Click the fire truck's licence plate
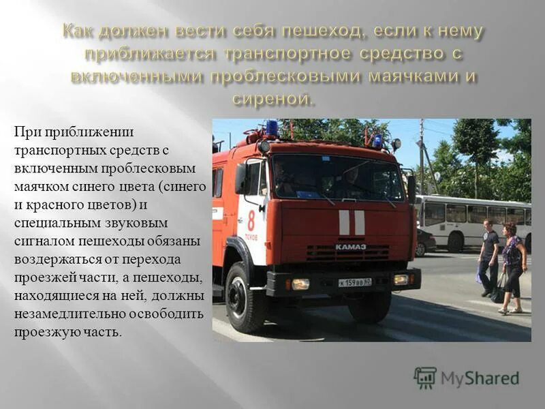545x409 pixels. click(x=354, y=282)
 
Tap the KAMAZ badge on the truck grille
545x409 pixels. click(x=351, y=246)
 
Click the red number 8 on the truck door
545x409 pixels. click(x=251, y=220)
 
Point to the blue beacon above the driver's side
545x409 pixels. click(x=272, y=127)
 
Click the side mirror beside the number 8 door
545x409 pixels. click(x=240, y=179)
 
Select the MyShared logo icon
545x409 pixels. click(x=425, y=378)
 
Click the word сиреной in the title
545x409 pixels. click(x=274, y=99)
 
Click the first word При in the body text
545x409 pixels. click(x=25, y=132)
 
